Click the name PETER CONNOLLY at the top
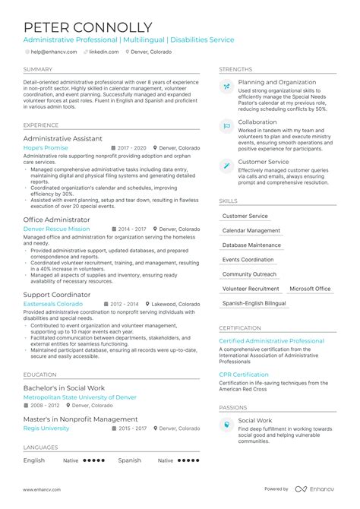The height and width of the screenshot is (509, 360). [x=87, y=27]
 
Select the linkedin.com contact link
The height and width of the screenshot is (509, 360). [x=103, y=52]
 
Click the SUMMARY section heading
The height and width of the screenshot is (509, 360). [x=38, y=69]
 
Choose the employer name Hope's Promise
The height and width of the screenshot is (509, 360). [x=46, y=148]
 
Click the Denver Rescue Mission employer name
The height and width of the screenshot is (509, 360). [x=56, y=228]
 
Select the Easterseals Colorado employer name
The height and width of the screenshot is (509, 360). [x=53, y=303]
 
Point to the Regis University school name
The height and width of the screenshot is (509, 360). [x=46, y=428]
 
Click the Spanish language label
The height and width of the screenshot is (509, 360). [x=129, y=460]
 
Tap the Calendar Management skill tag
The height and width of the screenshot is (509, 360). [x=251, y=231]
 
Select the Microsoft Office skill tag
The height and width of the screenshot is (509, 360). [x=310, y=289]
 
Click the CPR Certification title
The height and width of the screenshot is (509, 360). [x=244, y=375]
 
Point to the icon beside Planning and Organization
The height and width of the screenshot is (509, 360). [x=226, y=87]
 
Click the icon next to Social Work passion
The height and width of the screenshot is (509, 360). [x=226, y=425]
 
